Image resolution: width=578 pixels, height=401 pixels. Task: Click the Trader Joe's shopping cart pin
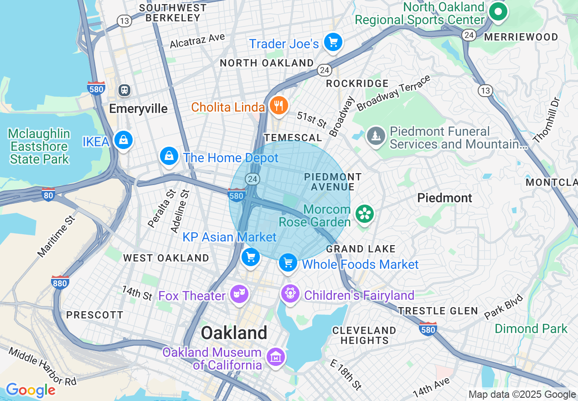333,42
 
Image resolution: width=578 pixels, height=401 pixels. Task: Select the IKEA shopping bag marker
123,140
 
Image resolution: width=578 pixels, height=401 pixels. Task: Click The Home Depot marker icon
169,156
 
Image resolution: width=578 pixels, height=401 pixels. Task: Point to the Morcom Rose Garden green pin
365,214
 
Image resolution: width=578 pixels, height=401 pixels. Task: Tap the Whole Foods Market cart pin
288,263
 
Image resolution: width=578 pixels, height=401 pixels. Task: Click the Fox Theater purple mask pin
239,294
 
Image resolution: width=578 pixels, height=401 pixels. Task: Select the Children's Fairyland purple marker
290,293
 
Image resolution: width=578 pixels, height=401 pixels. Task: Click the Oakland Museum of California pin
275,357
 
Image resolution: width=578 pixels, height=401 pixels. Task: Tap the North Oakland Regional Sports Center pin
498,11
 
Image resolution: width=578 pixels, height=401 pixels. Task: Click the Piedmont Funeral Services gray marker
376,136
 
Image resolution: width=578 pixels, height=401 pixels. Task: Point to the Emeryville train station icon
124,90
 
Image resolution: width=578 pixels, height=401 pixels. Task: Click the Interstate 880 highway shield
60,283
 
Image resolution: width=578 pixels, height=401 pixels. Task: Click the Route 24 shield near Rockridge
324,70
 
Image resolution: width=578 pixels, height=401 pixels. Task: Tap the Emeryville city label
138,108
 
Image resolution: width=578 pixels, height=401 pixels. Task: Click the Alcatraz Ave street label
197,41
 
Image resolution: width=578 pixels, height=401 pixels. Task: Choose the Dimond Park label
531,329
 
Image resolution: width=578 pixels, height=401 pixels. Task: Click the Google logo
31,390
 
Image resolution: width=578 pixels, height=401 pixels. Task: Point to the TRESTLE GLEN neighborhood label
438,311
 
